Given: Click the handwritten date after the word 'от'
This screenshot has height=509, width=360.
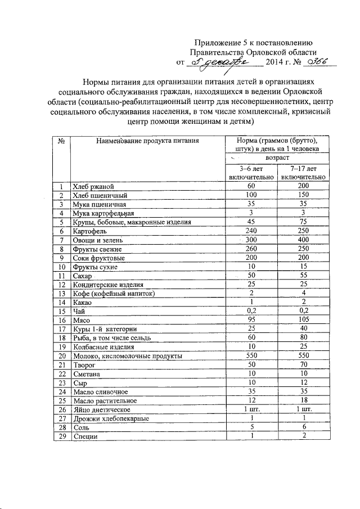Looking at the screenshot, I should point(216,63).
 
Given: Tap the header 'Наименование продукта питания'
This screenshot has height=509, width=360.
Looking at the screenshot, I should point(147,141).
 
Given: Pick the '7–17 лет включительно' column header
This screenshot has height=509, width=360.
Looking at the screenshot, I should point(304,172).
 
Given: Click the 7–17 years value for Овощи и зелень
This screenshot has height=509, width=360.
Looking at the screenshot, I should point(304,240).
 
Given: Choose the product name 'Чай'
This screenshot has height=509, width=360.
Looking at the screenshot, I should point(78,311).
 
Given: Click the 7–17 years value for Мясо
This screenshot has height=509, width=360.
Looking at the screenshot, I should point(304,320).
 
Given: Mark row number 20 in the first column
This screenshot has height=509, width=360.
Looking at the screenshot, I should point(61,356).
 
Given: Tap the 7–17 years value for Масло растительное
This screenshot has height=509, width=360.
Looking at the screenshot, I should point(304,400).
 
